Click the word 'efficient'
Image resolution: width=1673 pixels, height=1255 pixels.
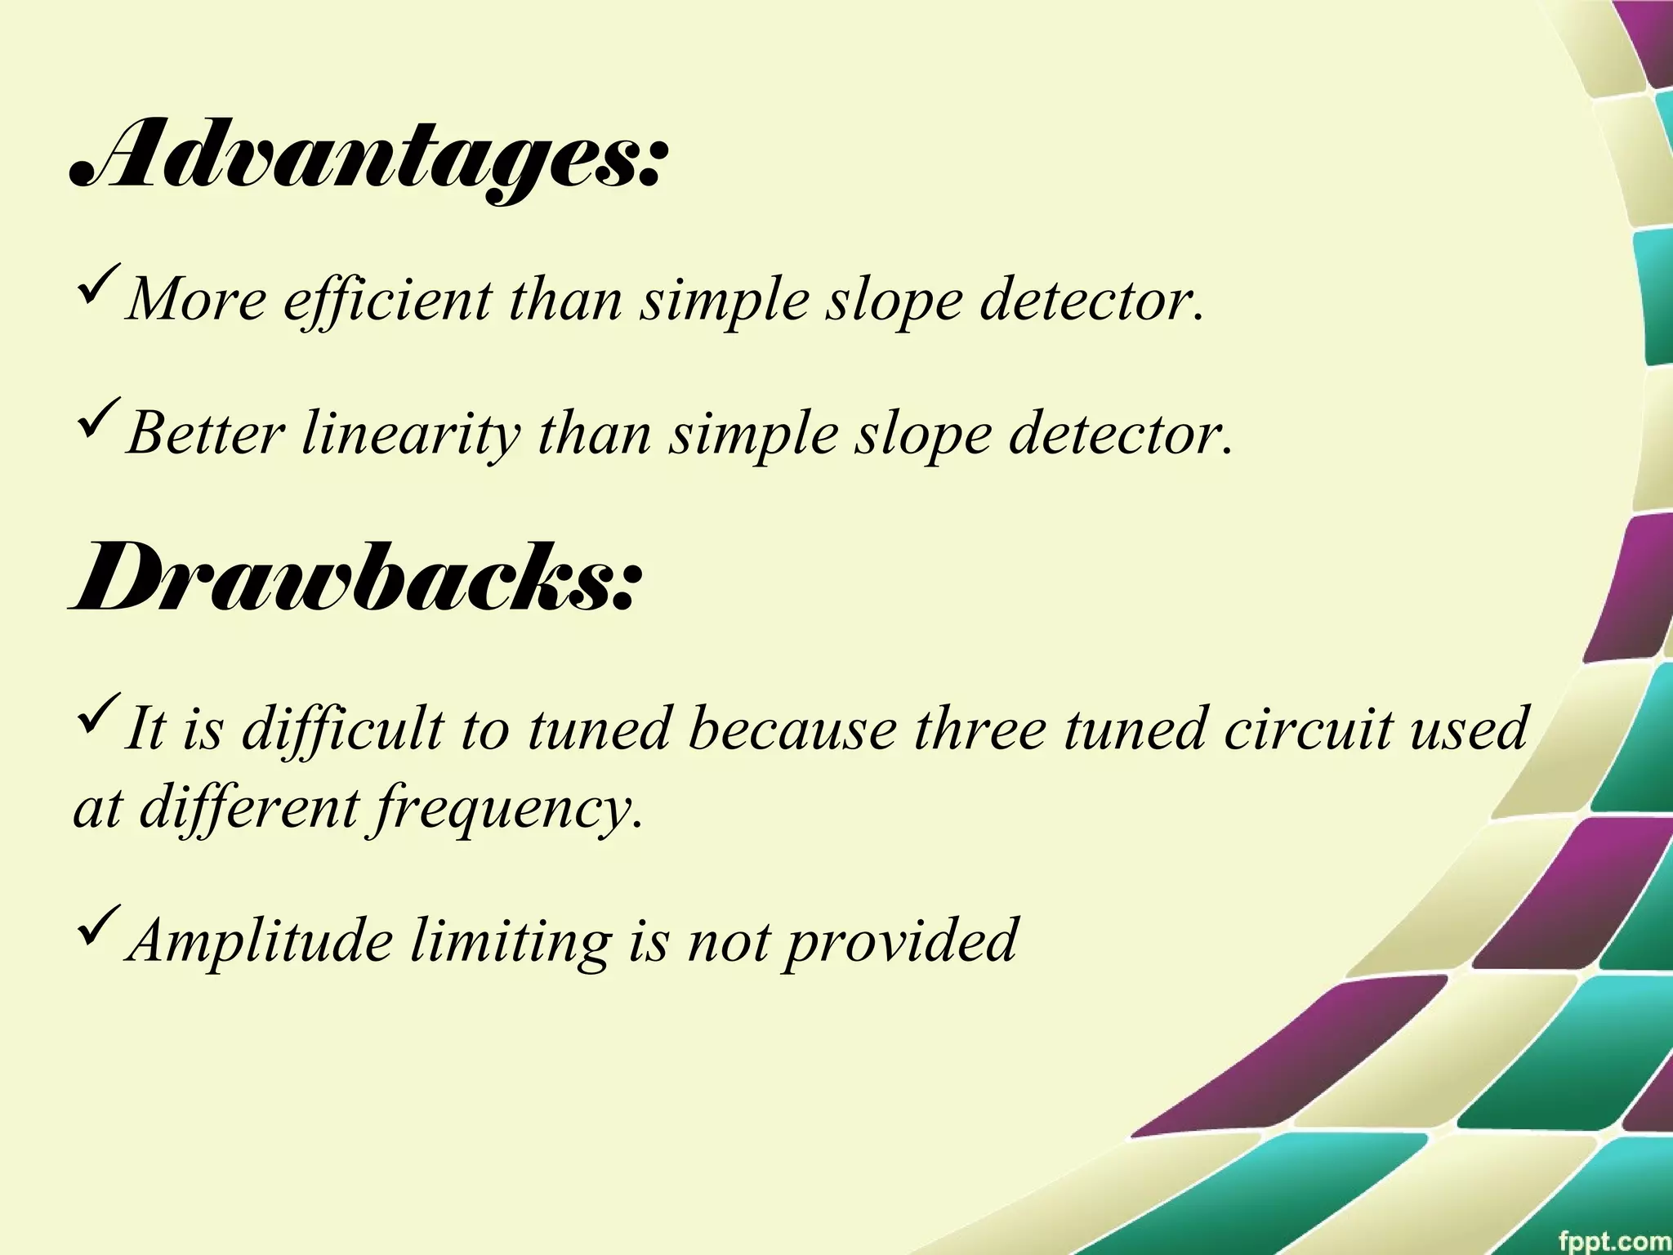[x=388, y=301]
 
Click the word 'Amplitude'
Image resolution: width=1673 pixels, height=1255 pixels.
[x=261, y=941]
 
